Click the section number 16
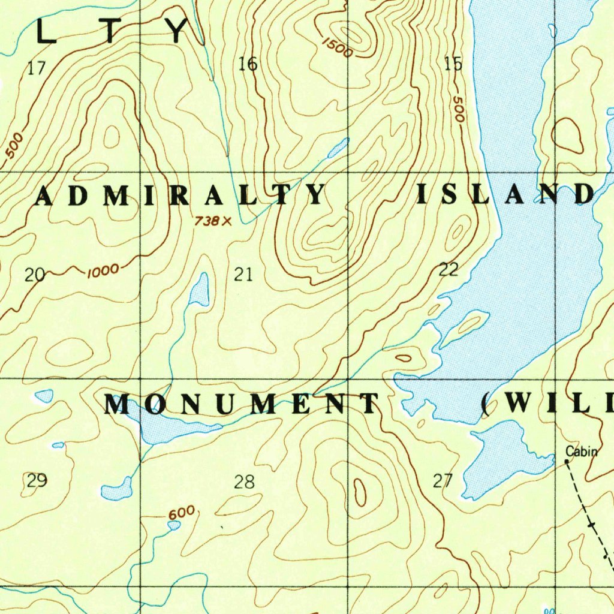[248, 64]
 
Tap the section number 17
[37, 68]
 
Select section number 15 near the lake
[453, 64]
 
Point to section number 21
[243, 275]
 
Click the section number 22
[449, 270]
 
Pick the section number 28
[244, 481]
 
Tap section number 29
[37, 480]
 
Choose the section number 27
[443, 480]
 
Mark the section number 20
[35, 275]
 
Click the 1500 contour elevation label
[337, 47]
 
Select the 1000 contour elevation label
[103, 272]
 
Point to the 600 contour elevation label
[182, 513]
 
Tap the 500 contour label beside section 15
[458, 109]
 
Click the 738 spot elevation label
[207, 221]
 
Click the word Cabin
[581, 452]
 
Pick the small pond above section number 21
[199, 290]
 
